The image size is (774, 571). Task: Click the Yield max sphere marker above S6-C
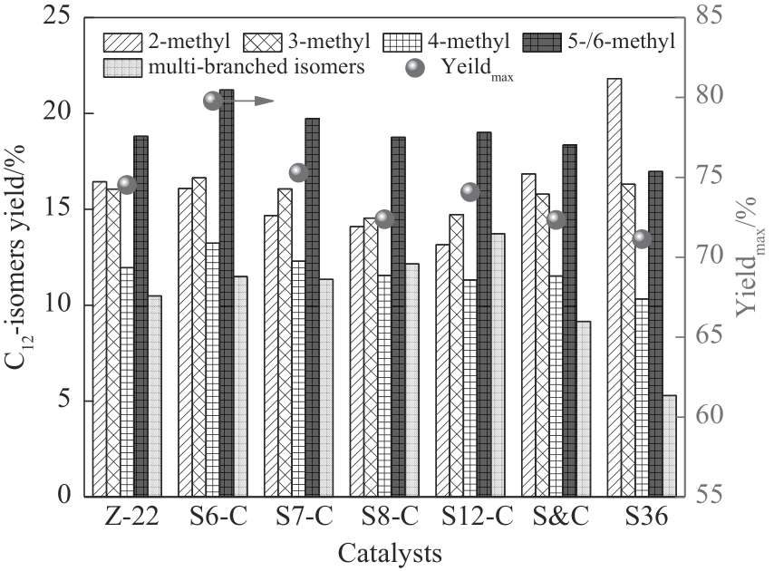(x=213, y=101)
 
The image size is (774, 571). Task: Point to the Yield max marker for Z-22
(x=127, y=185)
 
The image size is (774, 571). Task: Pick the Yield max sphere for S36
(x=643, y=238)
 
